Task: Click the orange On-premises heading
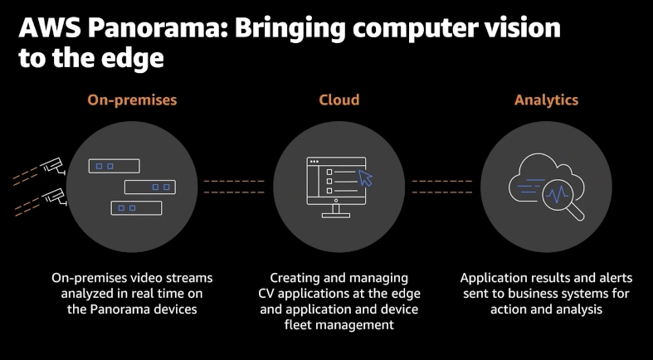[132, 100]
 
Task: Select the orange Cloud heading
[339, 100]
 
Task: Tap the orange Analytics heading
[546, 100]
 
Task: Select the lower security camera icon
[54, 197]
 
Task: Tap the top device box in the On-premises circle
[114, 166]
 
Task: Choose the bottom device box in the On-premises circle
[136, 207]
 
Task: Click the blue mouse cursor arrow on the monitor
[364, 178]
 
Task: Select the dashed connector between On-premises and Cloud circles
[234, 186]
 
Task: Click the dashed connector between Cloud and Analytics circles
[441, 186]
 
